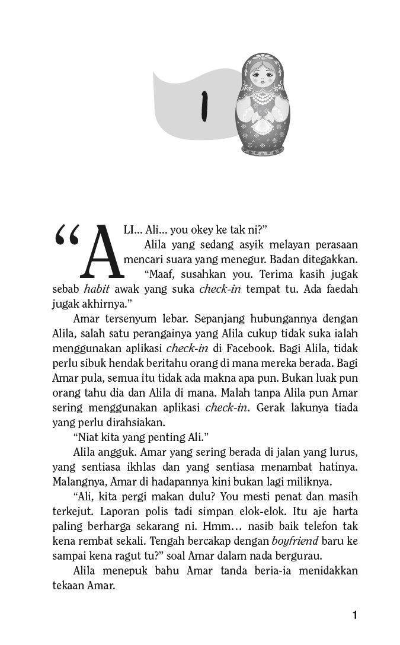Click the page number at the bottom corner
[354, 615]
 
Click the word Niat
[89, 438]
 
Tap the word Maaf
[160, 275]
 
